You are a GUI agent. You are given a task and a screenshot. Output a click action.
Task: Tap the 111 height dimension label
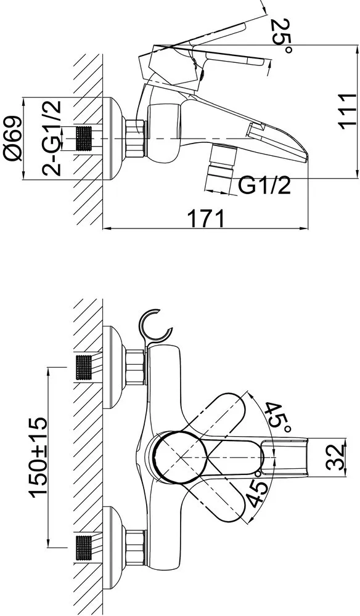(x=348, y=111)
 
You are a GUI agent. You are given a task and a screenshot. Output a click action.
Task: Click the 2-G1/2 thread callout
(x=52, y=137)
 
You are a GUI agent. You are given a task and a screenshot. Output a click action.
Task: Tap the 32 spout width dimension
(x=336, y=457)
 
